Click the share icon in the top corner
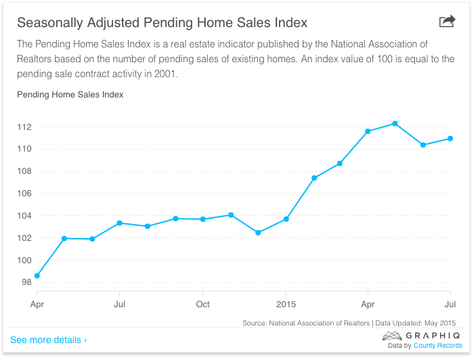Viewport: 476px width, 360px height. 447,22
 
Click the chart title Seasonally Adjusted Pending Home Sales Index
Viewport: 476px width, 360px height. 162,23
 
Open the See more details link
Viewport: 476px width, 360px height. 48,340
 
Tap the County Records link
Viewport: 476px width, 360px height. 438,346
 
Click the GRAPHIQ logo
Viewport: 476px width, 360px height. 423,335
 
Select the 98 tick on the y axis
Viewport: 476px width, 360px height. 26,282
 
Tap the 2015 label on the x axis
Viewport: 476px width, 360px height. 286,305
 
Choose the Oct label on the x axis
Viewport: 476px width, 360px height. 202,305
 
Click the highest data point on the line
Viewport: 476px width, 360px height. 395,123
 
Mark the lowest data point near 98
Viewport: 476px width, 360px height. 37,275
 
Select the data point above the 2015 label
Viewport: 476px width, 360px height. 286,219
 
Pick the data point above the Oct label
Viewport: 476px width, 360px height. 202,219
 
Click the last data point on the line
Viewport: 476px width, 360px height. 450,139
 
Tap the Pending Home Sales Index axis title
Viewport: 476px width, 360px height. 70,95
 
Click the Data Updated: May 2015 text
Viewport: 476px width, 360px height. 420,323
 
